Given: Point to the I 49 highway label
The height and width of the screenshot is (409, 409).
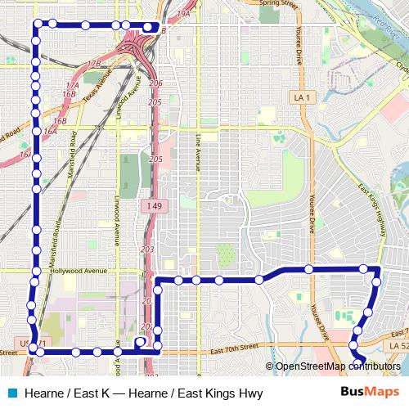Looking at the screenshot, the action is pos(153,204).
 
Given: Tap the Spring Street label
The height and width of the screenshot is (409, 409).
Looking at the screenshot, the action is pos(276,3).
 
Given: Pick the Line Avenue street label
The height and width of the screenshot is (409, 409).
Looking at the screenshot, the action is pos(198,152).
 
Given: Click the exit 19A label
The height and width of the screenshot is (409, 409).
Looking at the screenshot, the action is pos(183,14).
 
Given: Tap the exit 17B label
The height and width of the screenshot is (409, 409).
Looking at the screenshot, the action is pos(93,63).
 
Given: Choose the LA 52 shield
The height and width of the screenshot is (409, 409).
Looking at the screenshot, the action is pos(398,347).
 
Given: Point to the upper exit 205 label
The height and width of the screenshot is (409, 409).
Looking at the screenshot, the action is pos(155,102).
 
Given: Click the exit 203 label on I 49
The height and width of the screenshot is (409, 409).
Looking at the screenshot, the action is pos(148,249).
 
